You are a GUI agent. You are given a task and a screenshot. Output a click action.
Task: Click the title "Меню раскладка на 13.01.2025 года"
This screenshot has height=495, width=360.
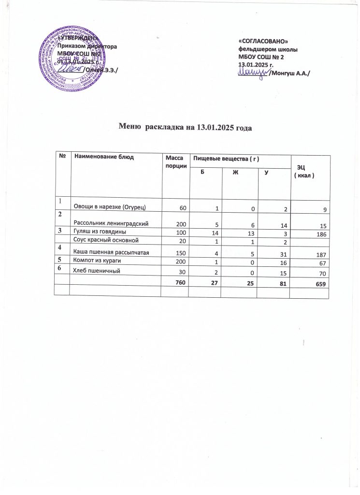[186, 128]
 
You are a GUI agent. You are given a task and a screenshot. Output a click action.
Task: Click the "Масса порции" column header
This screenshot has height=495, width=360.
[174, 160]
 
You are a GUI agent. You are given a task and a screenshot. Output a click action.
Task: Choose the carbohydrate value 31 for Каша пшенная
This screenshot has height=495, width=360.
[280, 255]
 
